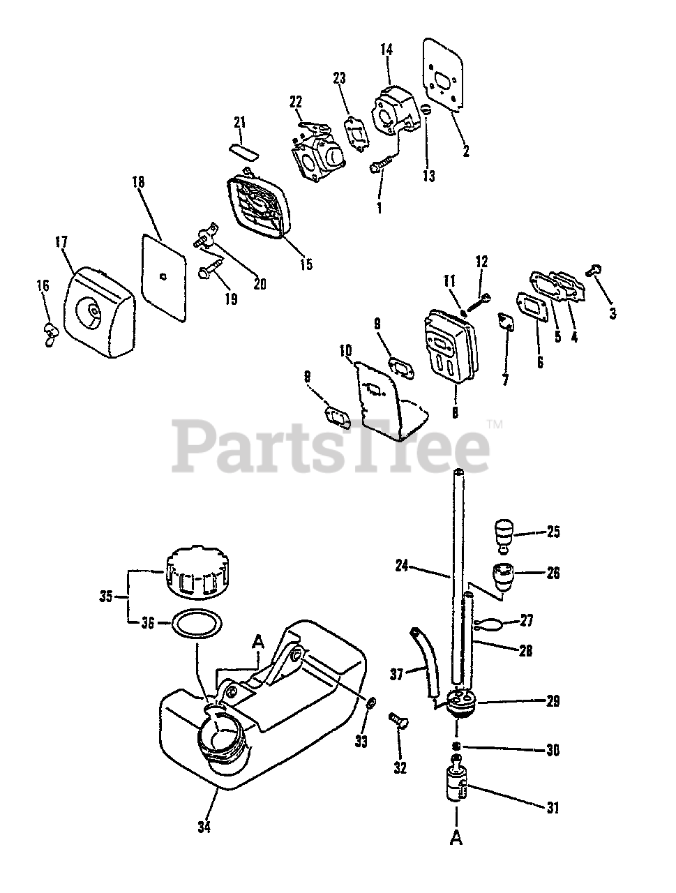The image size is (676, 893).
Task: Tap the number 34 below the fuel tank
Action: coord(204,828)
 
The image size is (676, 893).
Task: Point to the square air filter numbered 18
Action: coord(163,278)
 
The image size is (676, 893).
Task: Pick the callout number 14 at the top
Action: coord(386,50)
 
